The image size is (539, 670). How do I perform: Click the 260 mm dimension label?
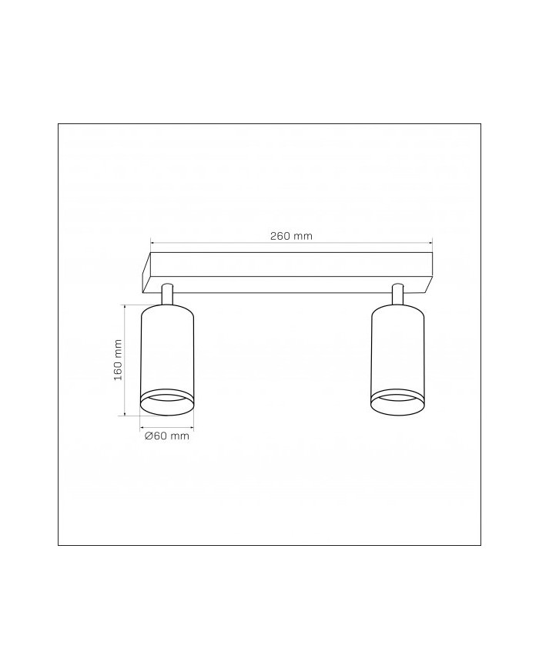coord(291,236)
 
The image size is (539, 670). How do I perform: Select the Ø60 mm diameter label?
coord(166,436)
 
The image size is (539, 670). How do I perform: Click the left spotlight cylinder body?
coord(166,347)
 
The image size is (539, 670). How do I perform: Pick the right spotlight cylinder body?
coord(397,347)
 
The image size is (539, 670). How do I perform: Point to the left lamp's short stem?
coord(167,293)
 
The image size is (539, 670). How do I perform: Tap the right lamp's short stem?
coord(398,293)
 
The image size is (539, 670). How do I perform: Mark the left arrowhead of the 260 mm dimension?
coord(152,241)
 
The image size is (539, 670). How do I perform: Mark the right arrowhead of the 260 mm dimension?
coord(430,241)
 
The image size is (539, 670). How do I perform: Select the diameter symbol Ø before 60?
coord(148,436)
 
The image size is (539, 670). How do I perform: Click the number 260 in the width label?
coord(280,236)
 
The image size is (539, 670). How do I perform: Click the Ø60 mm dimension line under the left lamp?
coord(166,426)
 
